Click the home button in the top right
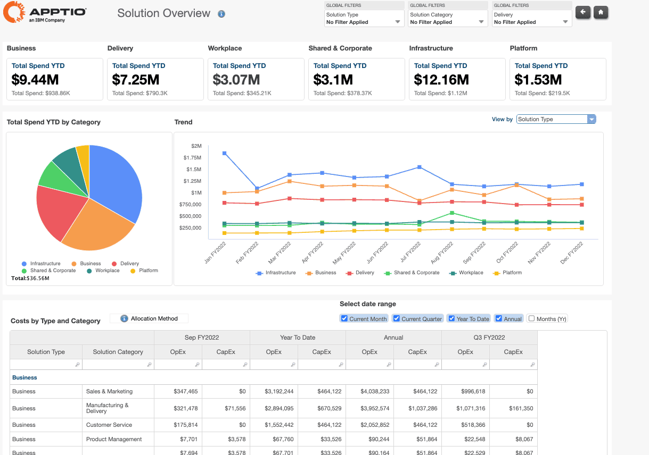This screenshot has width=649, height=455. tap(601, 12)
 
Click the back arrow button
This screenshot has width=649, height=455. tap(583, 12)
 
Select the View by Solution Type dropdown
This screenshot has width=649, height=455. tap(556, 119)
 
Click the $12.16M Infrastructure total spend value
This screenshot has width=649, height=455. tap(441, 80)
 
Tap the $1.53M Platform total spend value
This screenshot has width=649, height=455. tap(538, 80)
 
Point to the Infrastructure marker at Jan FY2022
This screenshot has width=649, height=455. tap(225, 153)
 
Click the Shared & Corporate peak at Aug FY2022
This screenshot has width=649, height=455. tap(452, 213)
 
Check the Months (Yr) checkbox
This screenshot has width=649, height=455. tap(531, 318)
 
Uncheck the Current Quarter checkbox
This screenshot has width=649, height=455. tap(396, 318)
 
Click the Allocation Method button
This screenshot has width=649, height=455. tap(149, 318)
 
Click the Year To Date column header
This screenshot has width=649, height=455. tap(297, 338)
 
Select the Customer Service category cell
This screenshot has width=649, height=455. tap(109, 425)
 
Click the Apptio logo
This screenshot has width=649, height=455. tap(45, 12)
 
